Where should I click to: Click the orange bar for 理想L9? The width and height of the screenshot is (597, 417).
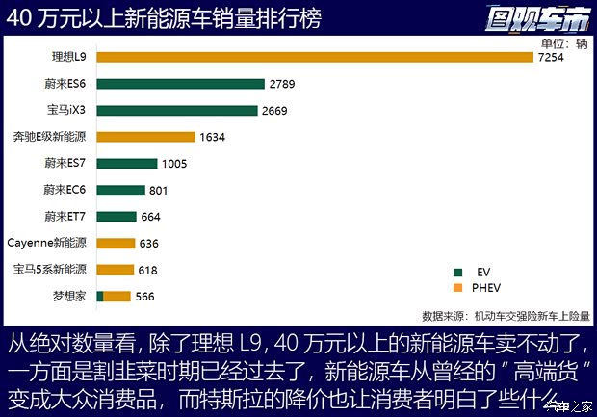click(315, 58)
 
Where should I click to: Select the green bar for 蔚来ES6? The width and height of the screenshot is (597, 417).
click(180, 84)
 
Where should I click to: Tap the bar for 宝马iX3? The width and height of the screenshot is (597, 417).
click(177, 111)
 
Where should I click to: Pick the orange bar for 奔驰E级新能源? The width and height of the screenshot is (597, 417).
click(145, 137)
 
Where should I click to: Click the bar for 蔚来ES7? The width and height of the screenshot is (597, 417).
click(126, 164)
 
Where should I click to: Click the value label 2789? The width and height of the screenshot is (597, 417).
click(282, 85)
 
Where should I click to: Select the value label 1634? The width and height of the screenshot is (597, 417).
click(212, 138)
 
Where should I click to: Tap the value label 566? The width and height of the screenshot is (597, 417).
click(145, 297)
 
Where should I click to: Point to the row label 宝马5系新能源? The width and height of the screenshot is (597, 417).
click(50, 269)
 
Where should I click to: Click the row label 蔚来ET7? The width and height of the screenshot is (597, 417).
click(65, 216)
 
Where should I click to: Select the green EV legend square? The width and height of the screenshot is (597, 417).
click(457, 272)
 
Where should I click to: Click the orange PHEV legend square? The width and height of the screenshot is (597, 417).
click(457, 287)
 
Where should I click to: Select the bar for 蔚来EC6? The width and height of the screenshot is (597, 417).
click(120, 190)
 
